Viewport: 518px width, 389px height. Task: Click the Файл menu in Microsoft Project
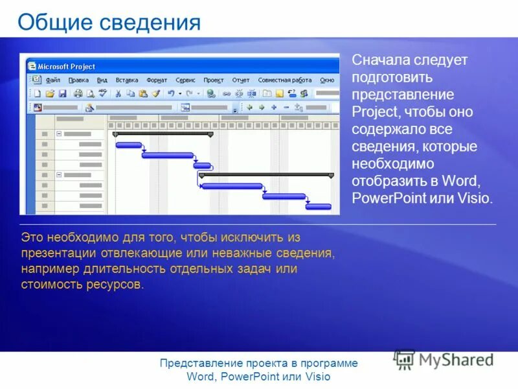53,80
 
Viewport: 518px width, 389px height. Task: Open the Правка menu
78,80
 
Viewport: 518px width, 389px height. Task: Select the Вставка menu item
127,80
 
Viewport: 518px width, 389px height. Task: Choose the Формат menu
157,80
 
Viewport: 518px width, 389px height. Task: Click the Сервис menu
185,80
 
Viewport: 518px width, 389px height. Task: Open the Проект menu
213,80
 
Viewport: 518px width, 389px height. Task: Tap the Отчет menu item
241,80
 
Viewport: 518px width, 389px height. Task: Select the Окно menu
328,80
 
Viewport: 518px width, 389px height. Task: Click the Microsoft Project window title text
66,66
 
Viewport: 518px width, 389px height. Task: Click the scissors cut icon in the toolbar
118,93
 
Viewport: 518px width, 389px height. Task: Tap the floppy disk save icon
62,93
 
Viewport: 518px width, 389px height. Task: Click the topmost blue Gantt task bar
128,145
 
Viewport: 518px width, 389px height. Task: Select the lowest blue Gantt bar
318,206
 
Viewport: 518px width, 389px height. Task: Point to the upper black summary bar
163,134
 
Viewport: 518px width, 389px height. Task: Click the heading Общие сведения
109,23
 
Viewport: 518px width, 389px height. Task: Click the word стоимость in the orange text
52,284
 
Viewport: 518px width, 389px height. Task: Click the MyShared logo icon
403,360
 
